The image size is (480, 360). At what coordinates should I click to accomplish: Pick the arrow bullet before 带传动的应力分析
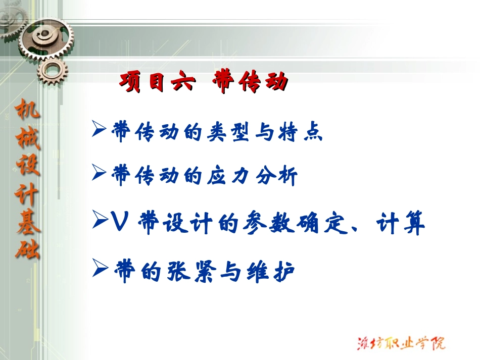(99, 174)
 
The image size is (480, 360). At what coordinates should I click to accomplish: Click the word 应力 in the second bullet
(225, 176)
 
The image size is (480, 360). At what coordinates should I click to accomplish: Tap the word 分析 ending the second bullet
(279, 176)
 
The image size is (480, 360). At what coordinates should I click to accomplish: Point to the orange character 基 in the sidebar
(28, 222)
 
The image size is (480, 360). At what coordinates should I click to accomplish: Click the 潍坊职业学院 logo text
(400, 342)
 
